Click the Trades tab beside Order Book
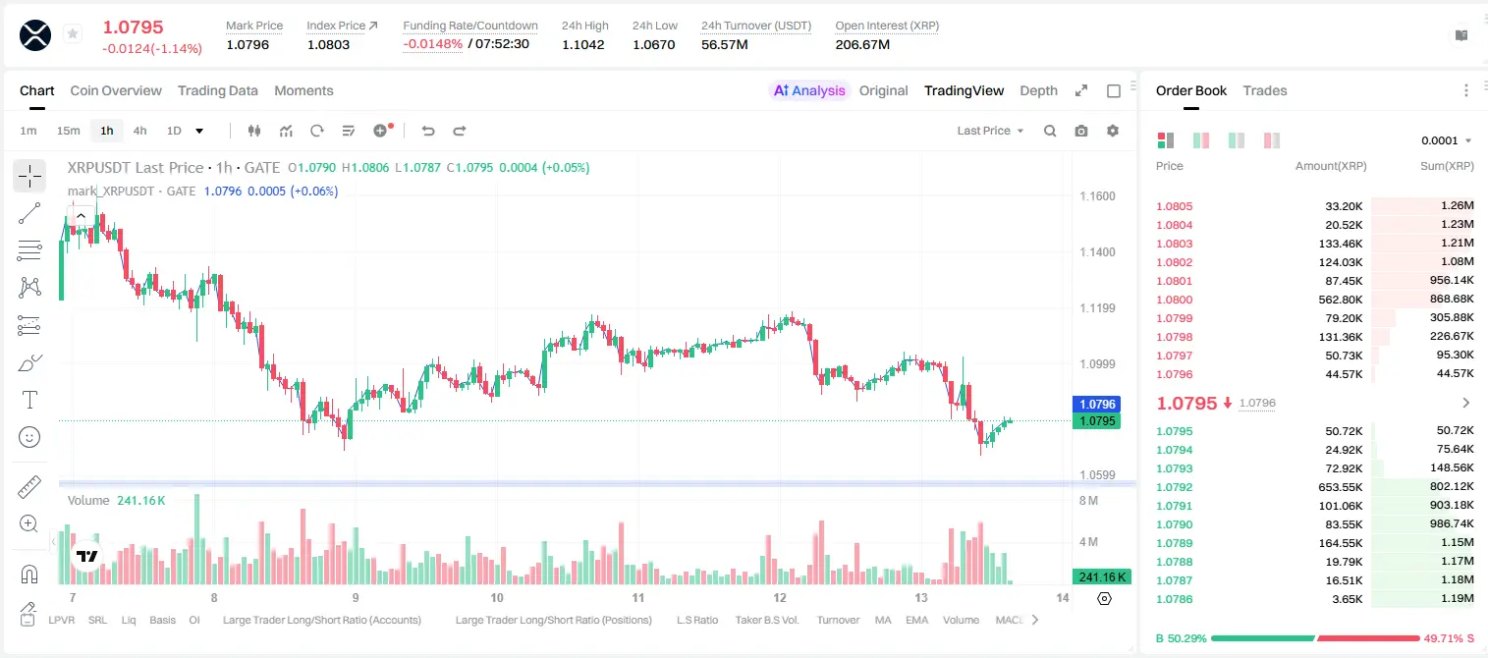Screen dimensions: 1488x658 tap(1265, 90)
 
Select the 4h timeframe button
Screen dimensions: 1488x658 tap(139, 131)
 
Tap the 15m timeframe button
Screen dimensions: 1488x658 tap(69, 131)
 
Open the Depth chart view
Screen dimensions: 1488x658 tap(1038, 90)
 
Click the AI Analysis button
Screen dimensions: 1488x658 tap(809, 90)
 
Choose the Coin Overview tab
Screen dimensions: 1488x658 tap(116, 90)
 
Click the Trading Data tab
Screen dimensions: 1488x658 tap(218, 90)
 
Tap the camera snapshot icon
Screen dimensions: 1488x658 tap(1081, 131)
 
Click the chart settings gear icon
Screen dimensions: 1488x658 tap(1113, 131)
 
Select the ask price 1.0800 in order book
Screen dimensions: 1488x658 tap(1175, 300)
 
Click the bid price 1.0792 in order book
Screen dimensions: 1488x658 tap(1175, 487)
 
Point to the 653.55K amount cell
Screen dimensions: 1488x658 tap(1340, 487)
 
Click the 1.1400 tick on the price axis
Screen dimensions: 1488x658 tap(1097, 252)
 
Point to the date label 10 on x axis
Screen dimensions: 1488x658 tap(497, 597)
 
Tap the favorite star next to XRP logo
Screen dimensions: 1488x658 tap(73, 33)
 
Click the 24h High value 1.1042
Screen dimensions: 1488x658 tap(583, 44)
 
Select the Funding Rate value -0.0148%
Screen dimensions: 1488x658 tap(432, 44)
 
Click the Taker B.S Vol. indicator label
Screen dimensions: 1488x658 tap(767, 620)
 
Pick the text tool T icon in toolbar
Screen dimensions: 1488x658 tap(29, 400)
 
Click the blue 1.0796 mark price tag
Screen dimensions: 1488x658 tap(1097, 404)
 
